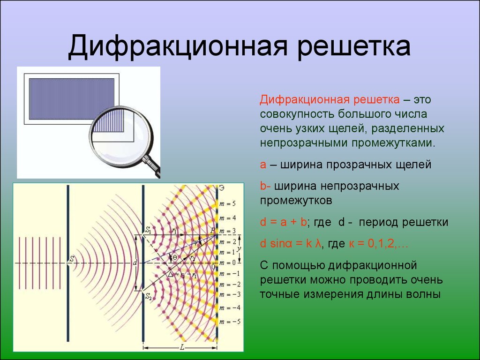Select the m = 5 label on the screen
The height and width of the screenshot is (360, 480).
click(x=227, y=204)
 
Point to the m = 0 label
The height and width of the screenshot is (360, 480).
click(x=227, y=263)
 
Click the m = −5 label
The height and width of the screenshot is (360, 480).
click(x=230, y=322)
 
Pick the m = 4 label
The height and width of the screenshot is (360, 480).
click(x=227, y=218)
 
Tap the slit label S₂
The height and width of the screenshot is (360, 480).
click(x=149, y=296)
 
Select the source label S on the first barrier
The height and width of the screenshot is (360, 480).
click(x=72, y=259)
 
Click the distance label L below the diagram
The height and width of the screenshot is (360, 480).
click(x=182, y=347)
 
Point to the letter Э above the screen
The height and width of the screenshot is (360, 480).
click(x=222, y=188)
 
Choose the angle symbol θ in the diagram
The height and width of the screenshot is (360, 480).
click(x=174, y=258)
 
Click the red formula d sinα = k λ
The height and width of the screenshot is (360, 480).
click(x=291, y=244)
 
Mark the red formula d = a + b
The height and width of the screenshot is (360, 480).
click(x=284, y=222)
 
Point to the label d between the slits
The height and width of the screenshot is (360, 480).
click(x=135, y=262)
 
